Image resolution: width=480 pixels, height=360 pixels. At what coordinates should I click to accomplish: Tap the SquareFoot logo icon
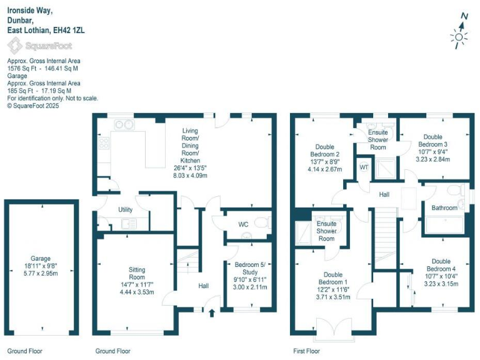click(x=14, y=46)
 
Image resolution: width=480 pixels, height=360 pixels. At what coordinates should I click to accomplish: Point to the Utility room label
click(x=125, y=210)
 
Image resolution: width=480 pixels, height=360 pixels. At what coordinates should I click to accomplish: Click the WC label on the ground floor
click(x=244, y=224)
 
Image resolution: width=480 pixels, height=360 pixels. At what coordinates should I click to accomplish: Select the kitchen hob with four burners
click(x=104, y=144)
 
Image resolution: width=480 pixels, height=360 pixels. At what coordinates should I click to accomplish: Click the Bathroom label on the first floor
click(x=444, y=207)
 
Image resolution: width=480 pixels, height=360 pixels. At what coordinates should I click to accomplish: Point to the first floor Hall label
click(x=384, y=194)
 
